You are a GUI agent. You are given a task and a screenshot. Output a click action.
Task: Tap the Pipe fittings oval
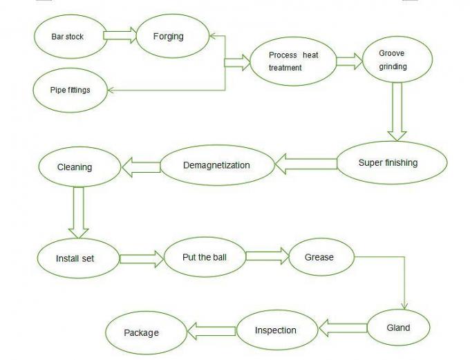point(70,90)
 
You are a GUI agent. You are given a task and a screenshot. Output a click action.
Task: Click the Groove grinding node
point(393,60)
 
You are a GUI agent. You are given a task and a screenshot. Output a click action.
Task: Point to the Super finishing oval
point(388,163)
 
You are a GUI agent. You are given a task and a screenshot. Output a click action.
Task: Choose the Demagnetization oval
point(216,165)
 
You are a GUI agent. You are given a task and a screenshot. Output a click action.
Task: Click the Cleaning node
point(75,167)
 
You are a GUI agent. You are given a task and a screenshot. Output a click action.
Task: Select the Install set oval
point(75,258)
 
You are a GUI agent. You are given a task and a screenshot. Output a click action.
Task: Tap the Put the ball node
point(204,258)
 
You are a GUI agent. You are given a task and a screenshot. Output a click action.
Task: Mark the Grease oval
point(319,257)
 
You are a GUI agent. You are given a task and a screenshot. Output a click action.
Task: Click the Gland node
point(398,328)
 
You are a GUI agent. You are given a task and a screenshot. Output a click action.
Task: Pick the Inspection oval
point(276,330)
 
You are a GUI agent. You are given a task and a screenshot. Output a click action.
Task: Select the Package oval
point(142,333)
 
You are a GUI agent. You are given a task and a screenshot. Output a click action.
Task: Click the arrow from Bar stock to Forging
point(120,36)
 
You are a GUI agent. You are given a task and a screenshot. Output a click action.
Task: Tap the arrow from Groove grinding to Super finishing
point(396,111)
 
